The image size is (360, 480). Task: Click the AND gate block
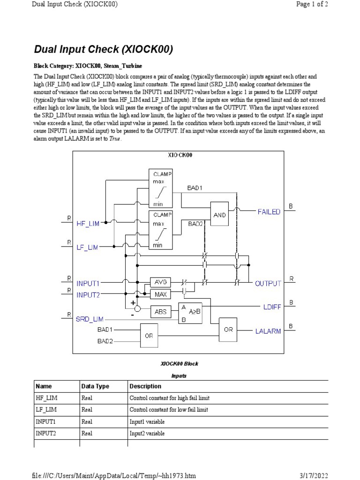click(x=219, y=215)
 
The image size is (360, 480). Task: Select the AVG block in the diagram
click(x=160, y=282)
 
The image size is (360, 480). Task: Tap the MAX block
click(x=160, y=294)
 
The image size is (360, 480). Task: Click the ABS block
click(x=160, y=311)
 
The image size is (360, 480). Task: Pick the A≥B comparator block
click(x=190, y=313)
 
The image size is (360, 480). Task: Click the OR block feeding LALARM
click(x=228, y=330)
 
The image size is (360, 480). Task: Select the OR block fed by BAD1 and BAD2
click(x=149, y=336)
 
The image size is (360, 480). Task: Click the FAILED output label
click(x=269, y=212)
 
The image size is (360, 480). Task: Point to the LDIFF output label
click(x=272, y=307)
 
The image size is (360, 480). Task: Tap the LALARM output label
click(x=268, y=331)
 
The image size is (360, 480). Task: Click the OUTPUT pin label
click(x=268, y=283)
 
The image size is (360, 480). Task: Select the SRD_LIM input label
click(x=90, y=319)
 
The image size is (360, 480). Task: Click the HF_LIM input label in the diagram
click(x=88, y=224)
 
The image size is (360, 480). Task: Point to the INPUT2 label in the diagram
click(x=88, y=294)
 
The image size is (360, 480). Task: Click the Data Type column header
click(x=95, y=386)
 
